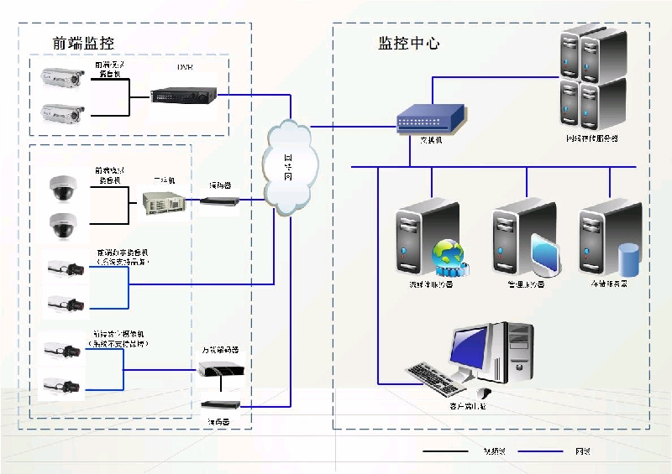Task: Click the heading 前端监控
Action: click(82, 43)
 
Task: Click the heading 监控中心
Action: click(408, 43)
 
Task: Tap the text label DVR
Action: click(185, 67)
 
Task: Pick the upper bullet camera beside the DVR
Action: click(62, 79)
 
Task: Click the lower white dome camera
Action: click(62, 225)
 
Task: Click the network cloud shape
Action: click(287, 164)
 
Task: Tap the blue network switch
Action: click(431, 118)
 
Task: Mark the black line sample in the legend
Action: click(445, 451)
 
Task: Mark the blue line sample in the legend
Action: click(539, 451)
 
